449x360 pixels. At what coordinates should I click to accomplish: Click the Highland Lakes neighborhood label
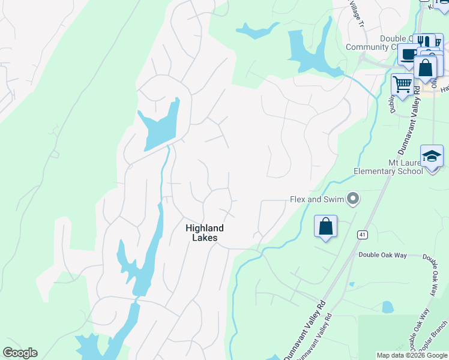coord(204,233)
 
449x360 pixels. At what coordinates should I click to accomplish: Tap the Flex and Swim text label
coord(317,199)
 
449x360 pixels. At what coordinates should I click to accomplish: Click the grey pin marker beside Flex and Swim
coord(354,198)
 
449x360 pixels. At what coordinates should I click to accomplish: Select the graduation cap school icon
coord(431,157)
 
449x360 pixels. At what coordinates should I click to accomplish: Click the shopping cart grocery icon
coord(402,85)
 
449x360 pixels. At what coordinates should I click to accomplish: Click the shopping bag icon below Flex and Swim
coord(325,227)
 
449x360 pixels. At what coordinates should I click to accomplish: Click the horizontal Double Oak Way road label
coord(382,255)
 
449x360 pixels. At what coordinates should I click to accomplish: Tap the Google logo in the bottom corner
coord(20,353)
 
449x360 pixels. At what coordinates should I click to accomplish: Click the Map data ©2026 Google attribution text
coord(411,355)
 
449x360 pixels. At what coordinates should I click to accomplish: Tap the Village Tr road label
coord(356,16)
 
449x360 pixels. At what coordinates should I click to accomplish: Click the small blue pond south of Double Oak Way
coord(388,307)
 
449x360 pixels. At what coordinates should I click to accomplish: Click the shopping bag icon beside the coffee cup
coord(426,68)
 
